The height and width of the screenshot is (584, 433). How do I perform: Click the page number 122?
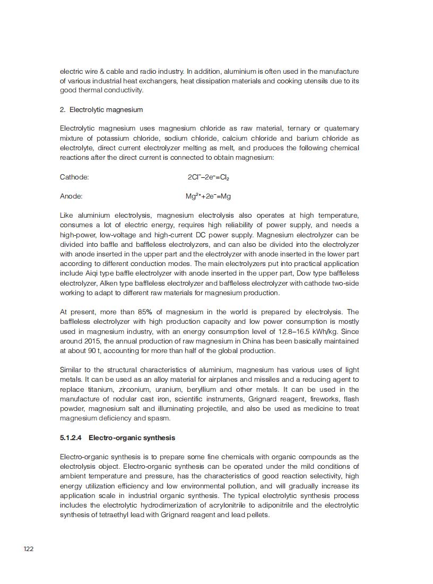(29, 548)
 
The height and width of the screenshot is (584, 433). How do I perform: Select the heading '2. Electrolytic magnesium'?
(101, 109)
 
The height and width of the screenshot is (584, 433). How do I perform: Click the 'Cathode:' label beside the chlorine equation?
(74, 177)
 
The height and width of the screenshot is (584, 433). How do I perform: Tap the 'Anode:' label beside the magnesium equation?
(71, 196)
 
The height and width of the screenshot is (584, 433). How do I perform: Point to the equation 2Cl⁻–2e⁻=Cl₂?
(209, 177)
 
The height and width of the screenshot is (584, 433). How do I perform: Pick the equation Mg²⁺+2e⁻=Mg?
(208, 196)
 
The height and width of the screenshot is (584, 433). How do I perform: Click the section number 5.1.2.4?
(72, 438)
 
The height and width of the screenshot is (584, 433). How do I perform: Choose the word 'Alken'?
(108, 284)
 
